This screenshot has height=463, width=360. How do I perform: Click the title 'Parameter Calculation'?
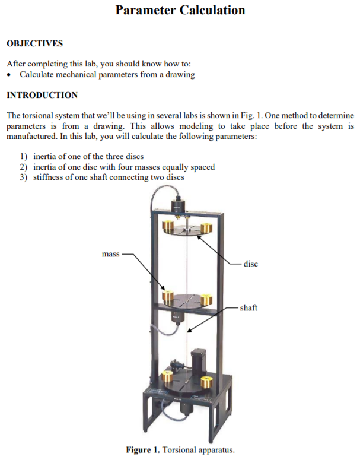click(180, 10)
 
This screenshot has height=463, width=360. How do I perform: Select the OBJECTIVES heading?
click(35, 43)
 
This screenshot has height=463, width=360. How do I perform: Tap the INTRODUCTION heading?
click(42, 95)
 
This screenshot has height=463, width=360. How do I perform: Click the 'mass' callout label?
click(111, 254)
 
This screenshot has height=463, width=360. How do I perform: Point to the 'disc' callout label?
click(250, 264)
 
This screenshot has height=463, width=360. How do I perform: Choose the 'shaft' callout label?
click(249, 307)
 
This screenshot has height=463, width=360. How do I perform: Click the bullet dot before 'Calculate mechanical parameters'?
click(10, 75)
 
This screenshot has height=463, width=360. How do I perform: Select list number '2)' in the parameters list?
click(24, 167)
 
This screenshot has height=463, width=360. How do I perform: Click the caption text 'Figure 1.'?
click(143, 450)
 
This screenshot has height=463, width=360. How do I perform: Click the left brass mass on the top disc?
click(168, 226)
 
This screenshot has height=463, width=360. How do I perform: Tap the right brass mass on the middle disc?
click(206, 300)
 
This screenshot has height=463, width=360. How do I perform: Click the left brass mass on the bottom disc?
click(168, 376)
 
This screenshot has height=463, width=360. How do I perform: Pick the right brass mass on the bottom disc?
click(207, 382)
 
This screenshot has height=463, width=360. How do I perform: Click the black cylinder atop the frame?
click(179, 205)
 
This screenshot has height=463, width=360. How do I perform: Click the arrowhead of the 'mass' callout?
click(163, 288)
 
